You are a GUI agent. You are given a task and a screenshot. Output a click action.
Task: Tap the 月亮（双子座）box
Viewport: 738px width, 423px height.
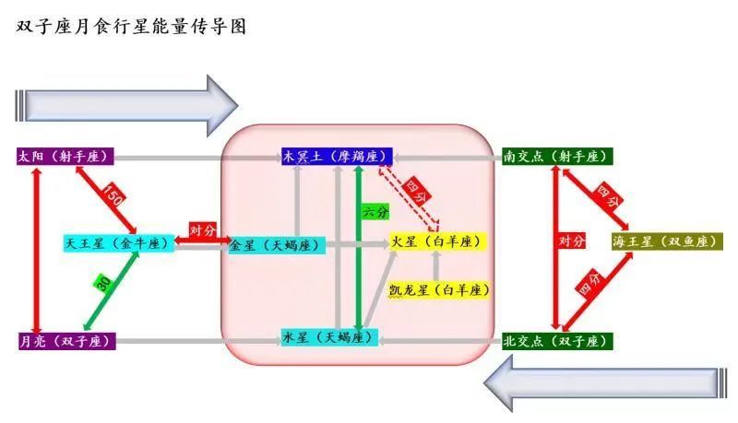(x=65, y=341)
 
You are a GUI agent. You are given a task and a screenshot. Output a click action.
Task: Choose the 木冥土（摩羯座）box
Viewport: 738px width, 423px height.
(x=337, y=157)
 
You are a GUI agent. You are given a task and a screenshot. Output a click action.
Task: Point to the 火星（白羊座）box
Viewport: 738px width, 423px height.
(x=436, y=241)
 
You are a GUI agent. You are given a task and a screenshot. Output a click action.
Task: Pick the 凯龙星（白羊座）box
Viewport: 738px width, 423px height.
(x=438, y=289)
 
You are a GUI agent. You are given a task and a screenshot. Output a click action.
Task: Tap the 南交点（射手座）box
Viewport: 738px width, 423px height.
(x=556, y=157)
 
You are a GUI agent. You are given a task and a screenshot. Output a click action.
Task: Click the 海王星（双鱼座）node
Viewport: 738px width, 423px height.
(x=666, y=241)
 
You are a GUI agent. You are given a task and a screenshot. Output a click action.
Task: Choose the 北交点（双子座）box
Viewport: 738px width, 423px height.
(x=556, y=341)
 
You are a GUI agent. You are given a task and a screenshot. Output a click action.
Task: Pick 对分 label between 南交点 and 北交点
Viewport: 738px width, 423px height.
(x=571, y=241)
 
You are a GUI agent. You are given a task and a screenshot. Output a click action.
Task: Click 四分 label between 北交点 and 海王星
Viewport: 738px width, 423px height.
(x=589, y=288)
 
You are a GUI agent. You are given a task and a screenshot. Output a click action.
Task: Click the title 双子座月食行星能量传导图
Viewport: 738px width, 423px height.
(x=132, y=29)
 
